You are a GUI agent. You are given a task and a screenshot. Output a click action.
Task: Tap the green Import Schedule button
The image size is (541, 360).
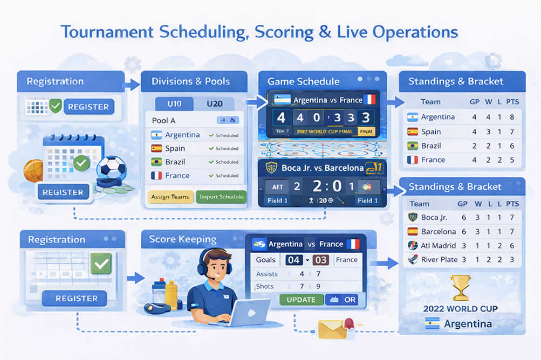click(x=221, y=197)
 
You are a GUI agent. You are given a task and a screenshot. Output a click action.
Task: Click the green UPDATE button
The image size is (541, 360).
click(x=301, y=300)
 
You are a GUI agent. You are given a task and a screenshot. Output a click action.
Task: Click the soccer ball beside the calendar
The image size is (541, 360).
click(x=111, y=169)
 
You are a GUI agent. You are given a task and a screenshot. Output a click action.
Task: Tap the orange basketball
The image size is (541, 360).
click(x=33, y=170)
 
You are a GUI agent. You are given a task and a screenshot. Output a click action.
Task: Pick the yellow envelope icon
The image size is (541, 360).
click(x=332, y=328)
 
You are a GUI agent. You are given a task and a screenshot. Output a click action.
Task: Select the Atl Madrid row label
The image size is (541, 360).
click(x=438, y=246)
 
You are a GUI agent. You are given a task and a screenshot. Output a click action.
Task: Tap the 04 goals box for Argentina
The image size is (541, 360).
click(x=294, y=260)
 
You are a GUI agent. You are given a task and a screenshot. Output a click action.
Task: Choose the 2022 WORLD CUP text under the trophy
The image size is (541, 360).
click(x=460, y=309)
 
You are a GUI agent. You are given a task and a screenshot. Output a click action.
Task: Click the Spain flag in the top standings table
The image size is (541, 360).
click(x=412, y=131)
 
